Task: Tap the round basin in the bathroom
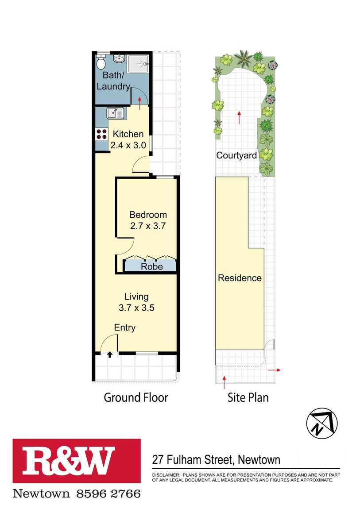tap(119, 59)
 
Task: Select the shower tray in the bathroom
tap(138, 64)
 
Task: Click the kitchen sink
tap(115, 113)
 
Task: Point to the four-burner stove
tap(101, 135)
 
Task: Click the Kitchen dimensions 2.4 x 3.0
tap(128, 145)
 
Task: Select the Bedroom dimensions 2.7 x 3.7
tap(148, 226)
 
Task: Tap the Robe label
tap(151, 266)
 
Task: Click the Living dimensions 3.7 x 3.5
tap(136, 308)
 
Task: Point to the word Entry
tap(125, 328)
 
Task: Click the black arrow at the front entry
tap(110, 355)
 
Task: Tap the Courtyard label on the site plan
tap(236, 155)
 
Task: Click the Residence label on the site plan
tap(240, 278)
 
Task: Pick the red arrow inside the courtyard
tap(239, 117)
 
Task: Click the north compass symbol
tap(321, 423)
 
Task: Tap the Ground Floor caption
tap(135, 397)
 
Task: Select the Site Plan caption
tap(248, 397)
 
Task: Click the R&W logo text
tap(68, 460)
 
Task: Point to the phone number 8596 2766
tap(108, 494)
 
